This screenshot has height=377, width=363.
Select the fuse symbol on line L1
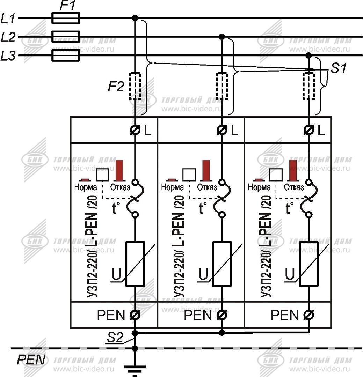point(66,18)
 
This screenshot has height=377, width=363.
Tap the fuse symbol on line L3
point(66,55)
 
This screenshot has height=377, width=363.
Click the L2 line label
point(8,37)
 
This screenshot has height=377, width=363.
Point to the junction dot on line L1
point(135,18)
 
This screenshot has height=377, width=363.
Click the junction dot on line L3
point(308,55)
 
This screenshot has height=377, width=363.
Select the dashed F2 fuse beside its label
point(135,86)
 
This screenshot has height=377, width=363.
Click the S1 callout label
point(339,68)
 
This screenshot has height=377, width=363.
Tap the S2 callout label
point(115,338)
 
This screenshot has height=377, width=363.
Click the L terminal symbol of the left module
point(135,131)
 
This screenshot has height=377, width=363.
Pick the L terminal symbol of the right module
point(308,131)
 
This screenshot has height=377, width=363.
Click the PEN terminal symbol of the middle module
point(222,315)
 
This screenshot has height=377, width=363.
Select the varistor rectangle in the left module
point(135,264)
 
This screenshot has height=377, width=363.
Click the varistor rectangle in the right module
point(308,264)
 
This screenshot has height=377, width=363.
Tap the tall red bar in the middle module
point(206,170)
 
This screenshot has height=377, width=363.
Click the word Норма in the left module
point(86,187)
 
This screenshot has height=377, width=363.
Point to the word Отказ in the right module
point(293,187)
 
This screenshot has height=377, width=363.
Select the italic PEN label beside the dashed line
point(31,360)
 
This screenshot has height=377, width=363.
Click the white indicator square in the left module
point(102,175)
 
